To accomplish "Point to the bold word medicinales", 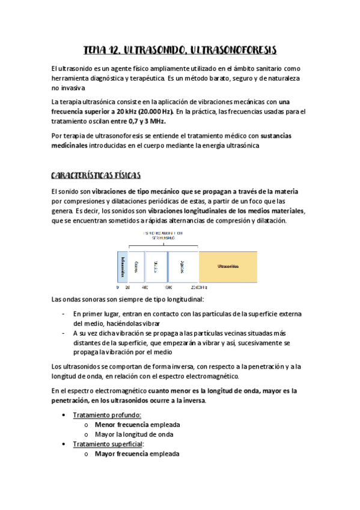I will pos(70,146).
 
